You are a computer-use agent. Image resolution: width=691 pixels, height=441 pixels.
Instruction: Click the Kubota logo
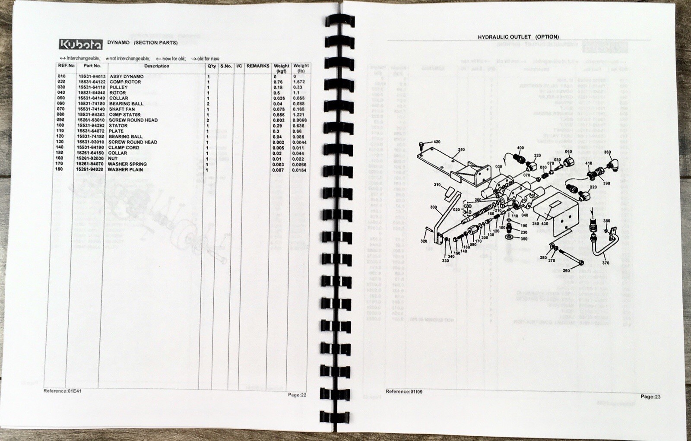81,44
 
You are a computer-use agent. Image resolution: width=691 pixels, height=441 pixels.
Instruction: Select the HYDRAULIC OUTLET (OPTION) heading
518,37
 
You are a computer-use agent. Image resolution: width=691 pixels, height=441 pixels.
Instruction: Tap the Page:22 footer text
297,395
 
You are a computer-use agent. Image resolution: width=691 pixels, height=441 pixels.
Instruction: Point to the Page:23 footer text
650,397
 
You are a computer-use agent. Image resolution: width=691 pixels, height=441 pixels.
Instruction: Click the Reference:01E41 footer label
62,391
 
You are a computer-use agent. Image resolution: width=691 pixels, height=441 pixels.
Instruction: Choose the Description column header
156,66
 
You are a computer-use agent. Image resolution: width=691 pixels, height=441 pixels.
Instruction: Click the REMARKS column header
258,66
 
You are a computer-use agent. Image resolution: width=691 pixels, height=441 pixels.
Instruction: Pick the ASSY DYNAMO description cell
127,76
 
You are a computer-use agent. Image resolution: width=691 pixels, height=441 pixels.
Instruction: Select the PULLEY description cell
118,87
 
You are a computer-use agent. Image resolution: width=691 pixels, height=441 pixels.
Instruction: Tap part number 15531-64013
92,76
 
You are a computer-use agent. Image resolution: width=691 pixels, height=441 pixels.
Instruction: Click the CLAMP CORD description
124,147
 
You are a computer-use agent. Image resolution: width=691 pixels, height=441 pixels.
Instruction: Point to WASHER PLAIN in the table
125,169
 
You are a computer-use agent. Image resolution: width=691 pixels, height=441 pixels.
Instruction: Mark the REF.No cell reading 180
60,169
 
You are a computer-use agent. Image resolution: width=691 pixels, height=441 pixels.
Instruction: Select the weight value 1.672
299,82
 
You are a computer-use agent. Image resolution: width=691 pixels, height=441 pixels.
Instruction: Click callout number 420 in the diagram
437,142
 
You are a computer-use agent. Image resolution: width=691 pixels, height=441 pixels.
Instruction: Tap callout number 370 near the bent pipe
605,263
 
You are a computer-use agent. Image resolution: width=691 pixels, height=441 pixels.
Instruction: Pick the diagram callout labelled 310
437,185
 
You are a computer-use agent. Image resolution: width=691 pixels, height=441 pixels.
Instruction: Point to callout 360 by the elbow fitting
607,152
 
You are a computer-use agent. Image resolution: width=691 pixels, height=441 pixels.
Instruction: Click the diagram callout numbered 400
520,148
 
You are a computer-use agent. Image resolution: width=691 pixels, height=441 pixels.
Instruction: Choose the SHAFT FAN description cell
122,109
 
